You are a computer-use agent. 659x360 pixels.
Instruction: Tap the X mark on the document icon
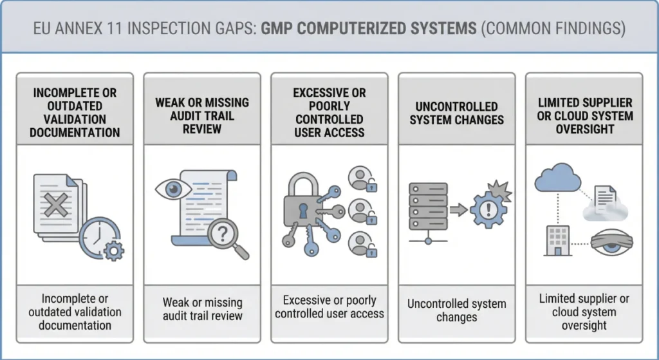pos(57,206)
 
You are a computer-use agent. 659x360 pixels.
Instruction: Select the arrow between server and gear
pos(458,209)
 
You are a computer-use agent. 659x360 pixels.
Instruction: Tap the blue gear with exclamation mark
pos(489,207)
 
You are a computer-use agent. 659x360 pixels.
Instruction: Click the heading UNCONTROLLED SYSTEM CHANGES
pos(456,113)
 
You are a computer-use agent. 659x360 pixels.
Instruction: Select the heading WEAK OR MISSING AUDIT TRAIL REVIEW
pos(202,116)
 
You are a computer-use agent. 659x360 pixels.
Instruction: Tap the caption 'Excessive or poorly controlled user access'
pos(329,307)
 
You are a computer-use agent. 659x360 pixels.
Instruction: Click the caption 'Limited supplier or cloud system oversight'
pos(584,312)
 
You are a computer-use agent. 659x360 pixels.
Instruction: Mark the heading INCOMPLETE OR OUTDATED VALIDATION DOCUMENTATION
pos(75,113)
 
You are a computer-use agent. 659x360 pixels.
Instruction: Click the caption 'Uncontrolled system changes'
pos(456,310)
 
